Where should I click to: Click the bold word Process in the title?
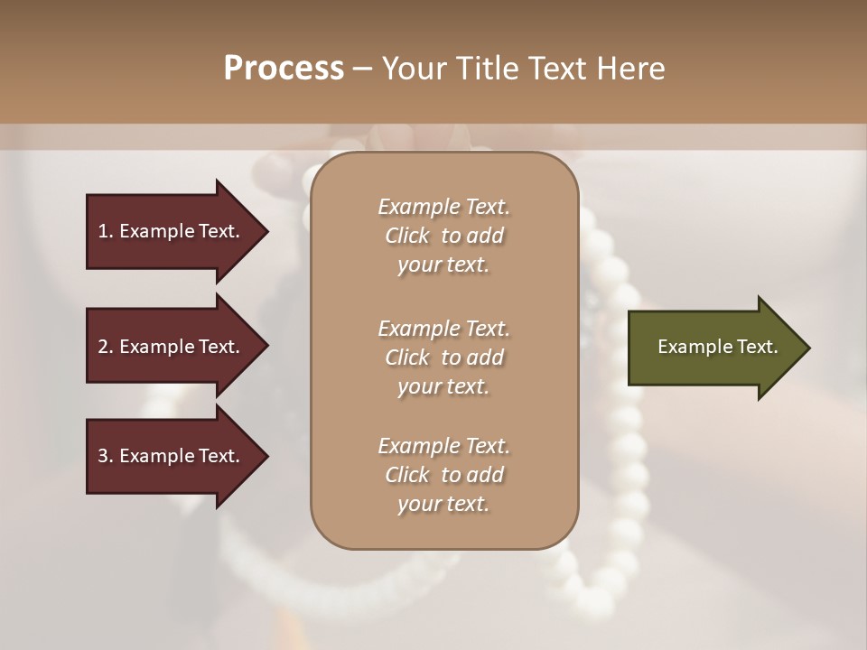(x=284, y=69)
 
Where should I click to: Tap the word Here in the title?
(x=632, y=69)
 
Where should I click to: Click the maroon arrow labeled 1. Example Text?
(x=172, y=231)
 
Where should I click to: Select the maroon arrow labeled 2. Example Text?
(x=172, y=347)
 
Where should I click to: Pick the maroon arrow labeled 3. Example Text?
(x=172, y=456)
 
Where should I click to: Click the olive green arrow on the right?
(x=713, y=348)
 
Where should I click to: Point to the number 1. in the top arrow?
(x=106, y=231)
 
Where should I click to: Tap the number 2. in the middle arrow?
(x=106, y=347)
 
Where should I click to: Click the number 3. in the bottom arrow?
(x=106, y=456)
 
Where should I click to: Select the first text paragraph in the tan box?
(x=443, y=236)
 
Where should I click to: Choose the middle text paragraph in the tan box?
(x=443, y=357)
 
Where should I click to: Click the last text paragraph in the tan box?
(x=443, y=475)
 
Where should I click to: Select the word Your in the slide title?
(x=413, y=69)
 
